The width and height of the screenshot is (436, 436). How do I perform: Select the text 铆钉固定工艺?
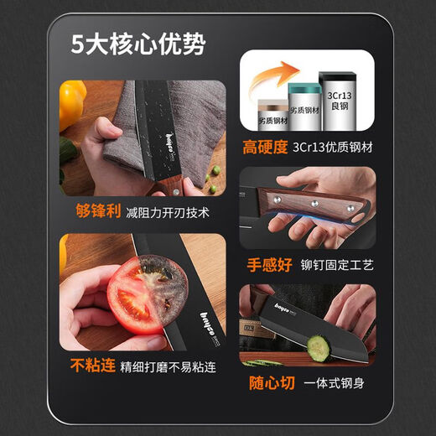tap(338, 265)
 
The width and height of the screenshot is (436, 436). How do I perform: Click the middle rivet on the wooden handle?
tap(315, 202)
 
